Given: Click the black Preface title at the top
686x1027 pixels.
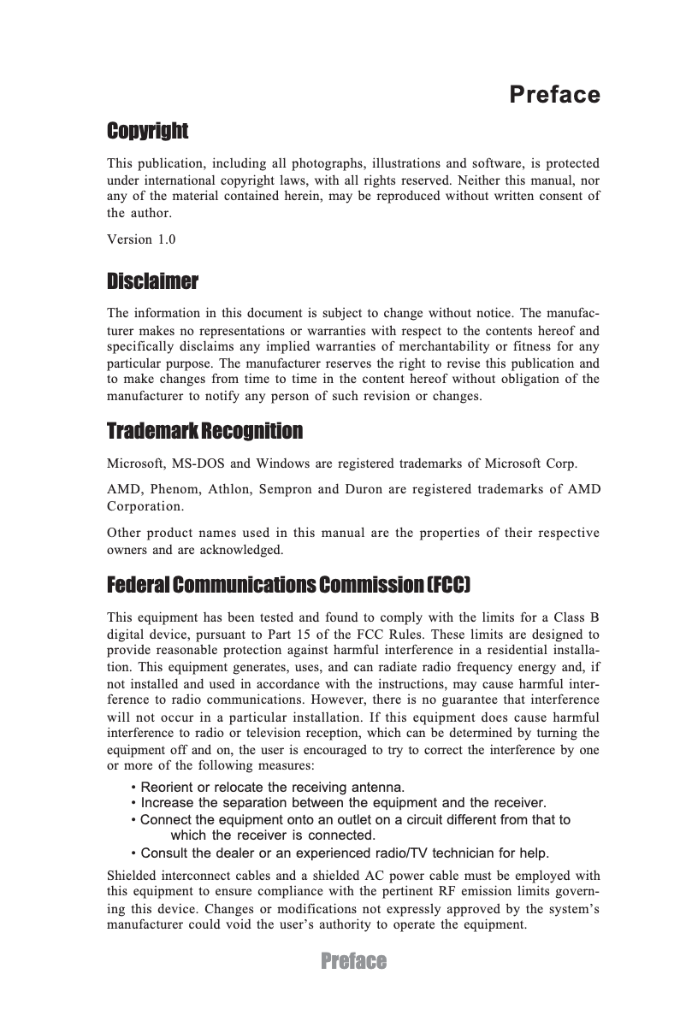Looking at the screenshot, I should click(554, 94).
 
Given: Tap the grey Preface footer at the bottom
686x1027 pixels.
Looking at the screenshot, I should click(353, 961).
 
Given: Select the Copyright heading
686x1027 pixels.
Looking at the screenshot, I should click(147, 131).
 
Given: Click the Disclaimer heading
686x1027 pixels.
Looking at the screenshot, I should click(152, 281).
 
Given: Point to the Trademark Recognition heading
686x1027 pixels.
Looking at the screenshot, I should click(204, 431).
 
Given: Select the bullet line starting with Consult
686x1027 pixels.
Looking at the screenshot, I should click(340, 853).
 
